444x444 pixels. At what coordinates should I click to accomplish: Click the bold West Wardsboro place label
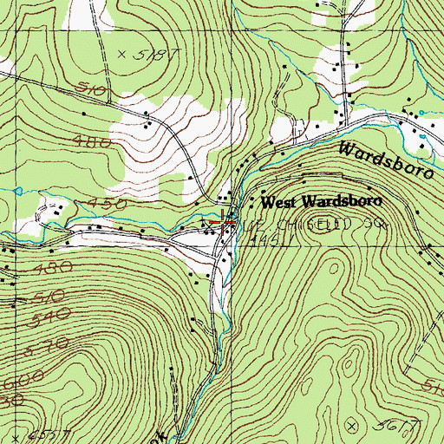point(320,202)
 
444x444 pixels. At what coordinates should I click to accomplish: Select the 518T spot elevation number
point(147,54)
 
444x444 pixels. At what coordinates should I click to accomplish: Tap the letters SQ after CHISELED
point(373,224)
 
